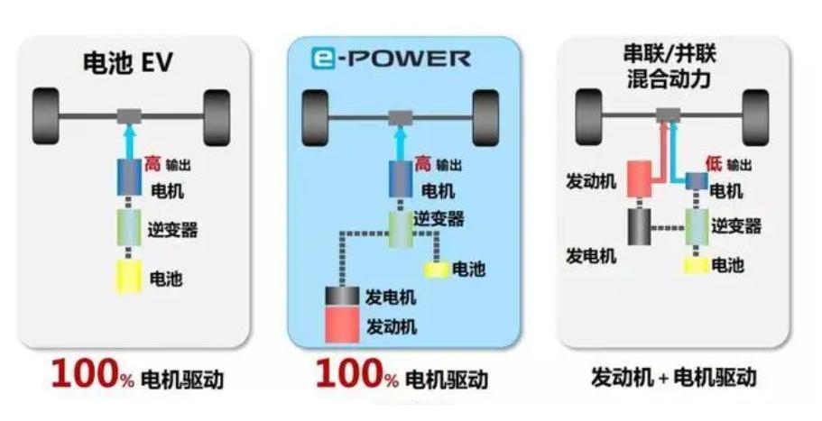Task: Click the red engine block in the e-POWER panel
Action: coord(343,325)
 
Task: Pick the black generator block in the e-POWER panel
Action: coord(343,297)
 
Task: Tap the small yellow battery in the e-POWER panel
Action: coord(437,269)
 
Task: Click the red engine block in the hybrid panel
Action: coord(638,180)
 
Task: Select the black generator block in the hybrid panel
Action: coord(638,228)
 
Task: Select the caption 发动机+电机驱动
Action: coord(672,376)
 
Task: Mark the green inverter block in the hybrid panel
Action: coord(695,226)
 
